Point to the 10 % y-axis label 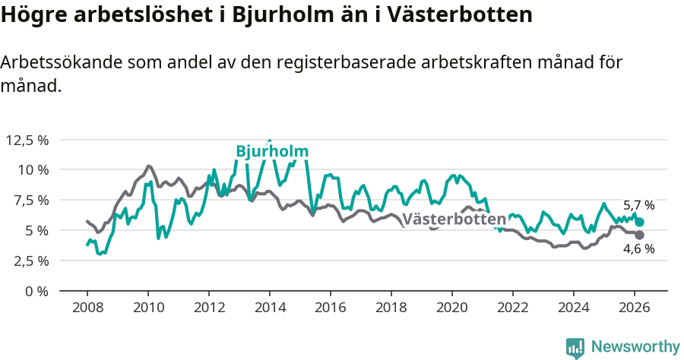click(33, 170)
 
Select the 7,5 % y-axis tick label click(30, 200)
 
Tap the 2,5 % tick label click(30, 261)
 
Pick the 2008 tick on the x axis click(87, 307)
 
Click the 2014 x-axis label click(269, 307)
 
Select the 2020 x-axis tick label click(451, 307)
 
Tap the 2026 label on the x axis click(634, 307)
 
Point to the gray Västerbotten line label click(454, 219)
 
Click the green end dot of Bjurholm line click(640, 222)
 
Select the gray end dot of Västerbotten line click(640, 235)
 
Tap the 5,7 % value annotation click(638, 206)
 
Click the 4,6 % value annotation click(638, 249)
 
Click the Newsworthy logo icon click(575, 347)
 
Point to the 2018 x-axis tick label click(391, 307)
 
